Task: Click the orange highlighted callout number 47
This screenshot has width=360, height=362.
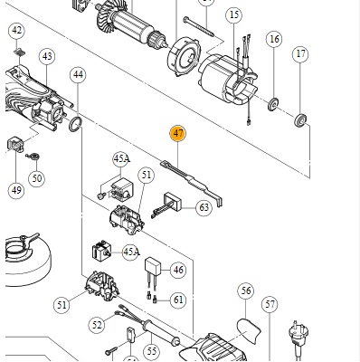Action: click(x=178, y=134)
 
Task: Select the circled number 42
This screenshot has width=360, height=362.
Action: click(x=17, y=31)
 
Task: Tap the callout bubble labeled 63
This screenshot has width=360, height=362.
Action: click(x=204, y=207)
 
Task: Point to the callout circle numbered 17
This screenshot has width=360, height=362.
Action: click(x=300, y=54)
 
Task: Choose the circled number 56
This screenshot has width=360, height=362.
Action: click(x=246, y=291)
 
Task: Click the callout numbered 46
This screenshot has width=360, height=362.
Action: click(x=178, y=270)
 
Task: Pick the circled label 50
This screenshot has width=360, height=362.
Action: click(x=36, y=178)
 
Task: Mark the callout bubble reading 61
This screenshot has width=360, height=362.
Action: click(x=178, y=300)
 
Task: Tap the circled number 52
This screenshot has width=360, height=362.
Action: click(x=97, y=325)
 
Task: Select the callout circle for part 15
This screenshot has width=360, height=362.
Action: click(x=234, y=14)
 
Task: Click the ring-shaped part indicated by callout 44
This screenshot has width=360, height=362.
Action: click(x=75, y=124)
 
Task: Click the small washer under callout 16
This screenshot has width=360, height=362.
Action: click(x=273, y=105)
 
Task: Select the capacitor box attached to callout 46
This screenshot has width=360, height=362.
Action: click(x=153, y=265)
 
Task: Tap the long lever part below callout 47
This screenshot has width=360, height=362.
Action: click(x=192, y=182)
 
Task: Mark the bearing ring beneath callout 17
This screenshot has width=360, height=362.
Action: click(x=300, y=119)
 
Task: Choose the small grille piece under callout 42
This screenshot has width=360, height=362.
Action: click(x=19, y=52)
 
